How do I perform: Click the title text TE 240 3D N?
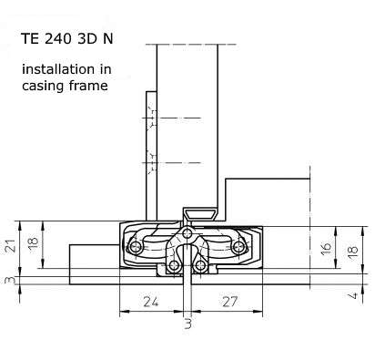tap(67, 39)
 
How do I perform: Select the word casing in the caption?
tap(43, 86)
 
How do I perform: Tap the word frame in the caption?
tap(88, 86)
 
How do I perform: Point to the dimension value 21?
tap(11, 245)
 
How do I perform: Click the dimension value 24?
tap(151, 302)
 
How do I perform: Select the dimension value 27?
tap(230, 302)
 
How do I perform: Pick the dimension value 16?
tap(326, 249)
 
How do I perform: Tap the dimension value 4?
tap(354, 295)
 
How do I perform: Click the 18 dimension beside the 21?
tap(34, 242)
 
